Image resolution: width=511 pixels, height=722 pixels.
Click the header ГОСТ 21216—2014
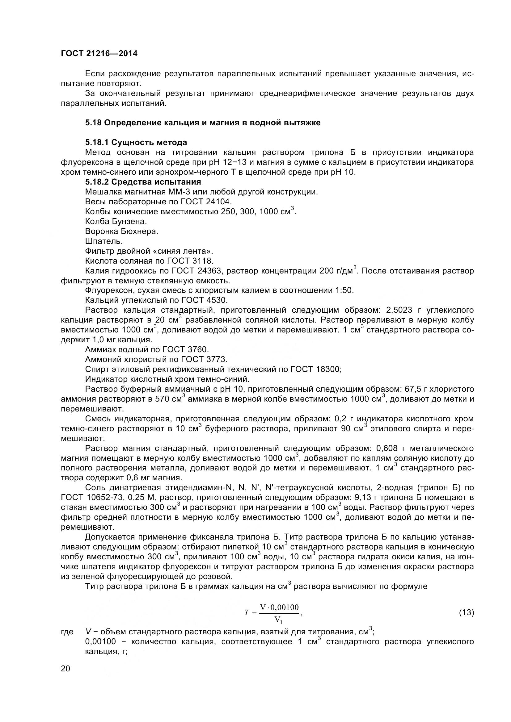99,53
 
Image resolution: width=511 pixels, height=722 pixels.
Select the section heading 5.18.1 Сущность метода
136,142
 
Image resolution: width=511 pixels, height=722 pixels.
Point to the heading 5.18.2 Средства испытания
143,182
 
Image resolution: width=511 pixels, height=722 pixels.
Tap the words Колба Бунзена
116,221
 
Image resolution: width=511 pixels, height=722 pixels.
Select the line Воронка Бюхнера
121,232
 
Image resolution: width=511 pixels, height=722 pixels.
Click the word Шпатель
104,241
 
